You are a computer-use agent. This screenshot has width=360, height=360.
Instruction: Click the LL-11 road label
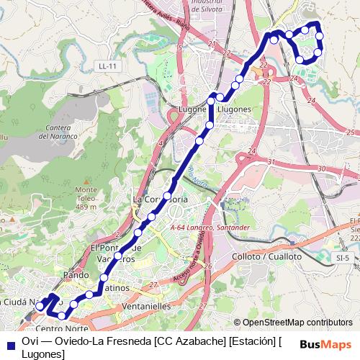pyautogui.click(x=107, y=66)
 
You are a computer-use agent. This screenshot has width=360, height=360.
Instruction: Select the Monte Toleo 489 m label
pyautogui.click(x=85, y=198)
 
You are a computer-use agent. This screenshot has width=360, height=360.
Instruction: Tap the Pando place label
pyautogui.click(x=76, y=275)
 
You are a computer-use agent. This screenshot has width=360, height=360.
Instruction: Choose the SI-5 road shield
pyautogui.click(x=343, y=257)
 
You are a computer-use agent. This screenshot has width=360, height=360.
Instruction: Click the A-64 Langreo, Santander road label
pyautogui.click(x=210, y=228)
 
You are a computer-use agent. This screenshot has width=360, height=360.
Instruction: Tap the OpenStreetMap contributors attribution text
pyautogui.click(x=297, y=323)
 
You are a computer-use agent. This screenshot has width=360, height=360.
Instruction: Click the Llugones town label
pyautogui.click(x=234, y=109)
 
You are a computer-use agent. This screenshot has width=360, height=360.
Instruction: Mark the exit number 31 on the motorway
pyautogui.click(x=271, y=163)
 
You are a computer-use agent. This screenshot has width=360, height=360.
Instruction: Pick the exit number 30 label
pyautogui.click(x=320, y=169)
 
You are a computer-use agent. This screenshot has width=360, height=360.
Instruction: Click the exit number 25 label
pyautogui.click(x=351, y=132)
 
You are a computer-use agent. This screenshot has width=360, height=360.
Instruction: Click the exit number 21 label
pyautogui.click(x=211, y=45)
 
